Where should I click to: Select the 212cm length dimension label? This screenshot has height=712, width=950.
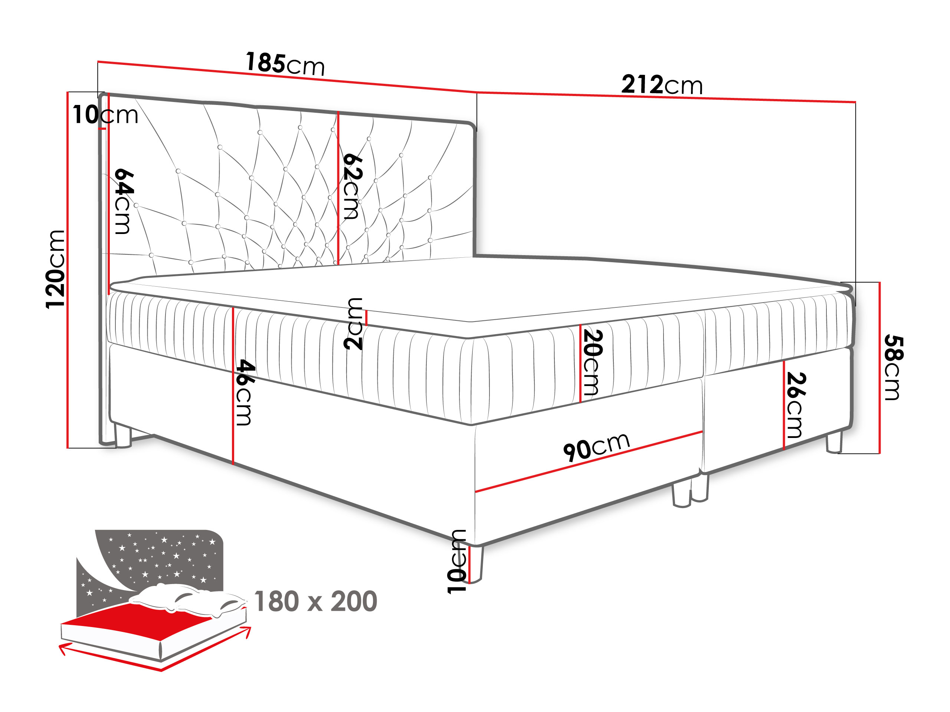(662, 85)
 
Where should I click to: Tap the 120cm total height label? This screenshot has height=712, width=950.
(55, 269)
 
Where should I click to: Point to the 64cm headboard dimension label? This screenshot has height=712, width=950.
(124, 201)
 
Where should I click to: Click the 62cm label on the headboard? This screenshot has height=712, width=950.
(352, 187)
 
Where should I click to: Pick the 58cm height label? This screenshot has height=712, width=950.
(894, 367)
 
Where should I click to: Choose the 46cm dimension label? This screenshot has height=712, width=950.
(245, 392)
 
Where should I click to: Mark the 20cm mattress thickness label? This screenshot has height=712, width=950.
(593, 362)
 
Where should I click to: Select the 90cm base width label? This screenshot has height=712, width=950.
(597, 447)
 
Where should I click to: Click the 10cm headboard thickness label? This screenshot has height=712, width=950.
(105, 115)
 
